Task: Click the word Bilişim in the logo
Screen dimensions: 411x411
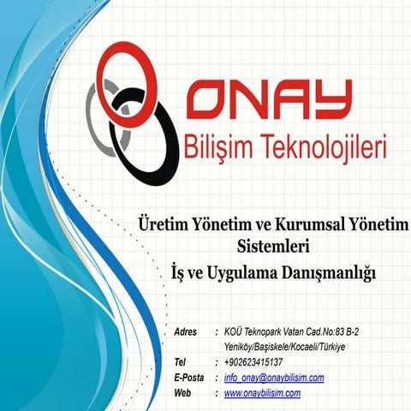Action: pos(214,148)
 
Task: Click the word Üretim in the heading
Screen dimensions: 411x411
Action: pos(162,224)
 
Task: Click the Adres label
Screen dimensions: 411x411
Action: pos(185,331)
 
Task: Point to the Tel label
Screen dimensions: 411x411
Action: pos(179,362)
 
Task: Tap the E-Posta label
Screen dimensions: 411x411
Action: pos(188,378)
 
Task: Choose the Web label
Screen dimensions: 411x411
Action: pos(182,393)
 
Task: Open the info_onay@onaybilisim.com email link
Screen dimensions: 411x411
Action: pos(274,378)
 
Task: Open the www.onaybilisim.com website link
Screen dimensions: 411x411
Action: pos(262,393)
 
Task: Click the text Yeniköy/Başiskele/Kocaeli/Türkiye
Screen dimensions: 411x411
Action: pos(283,347)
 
